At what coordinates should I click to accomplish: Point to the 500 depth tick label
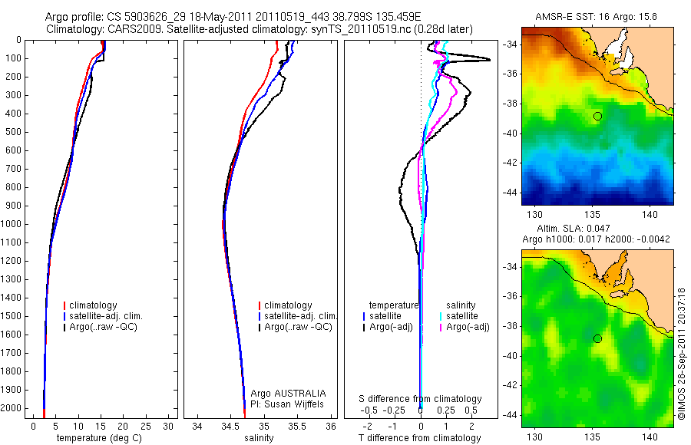[13, 132]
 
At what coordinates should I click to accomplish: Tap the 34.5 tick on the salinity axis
[230, 426]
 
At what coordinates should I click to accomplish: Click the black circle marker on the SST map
[597, 116]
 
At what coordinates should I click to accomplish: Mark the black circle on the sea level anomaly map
[597, 338]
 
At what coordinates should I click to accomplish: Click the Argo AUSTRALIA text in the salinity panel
[283, 393]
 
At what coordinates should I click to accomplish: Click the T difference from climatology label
[420, 438]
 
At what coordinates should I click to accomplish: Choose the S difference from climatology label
[421, 399]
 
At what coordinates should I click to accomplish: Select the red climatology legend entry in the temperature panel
[98, 305]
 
